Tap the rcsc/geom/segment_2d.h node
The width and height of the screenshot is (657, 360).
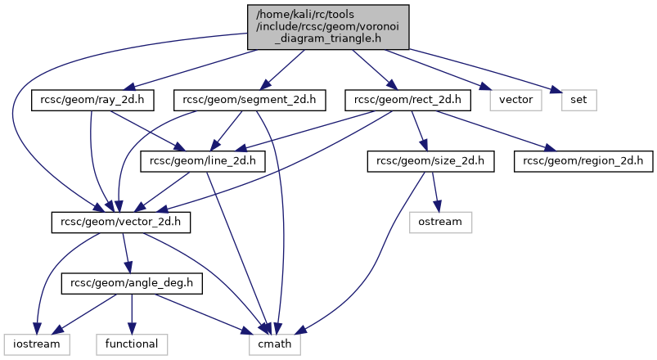(250, 101)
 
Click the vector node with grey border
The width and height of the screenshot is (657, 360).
(516, 101)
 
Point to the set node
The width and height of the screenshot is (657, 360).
(579, 101)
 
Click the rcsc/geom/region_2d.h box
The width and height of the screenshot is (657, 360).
(583, 161)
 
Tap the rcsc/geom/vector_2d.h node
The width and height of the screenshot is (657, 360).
(121, 222)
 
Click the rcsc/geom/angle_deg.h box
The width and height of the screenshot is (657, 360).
(132, 283)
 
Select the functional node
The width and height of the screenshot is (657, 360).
(132, 344)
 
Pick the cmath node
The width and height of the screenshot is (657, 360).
(275, 344)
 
